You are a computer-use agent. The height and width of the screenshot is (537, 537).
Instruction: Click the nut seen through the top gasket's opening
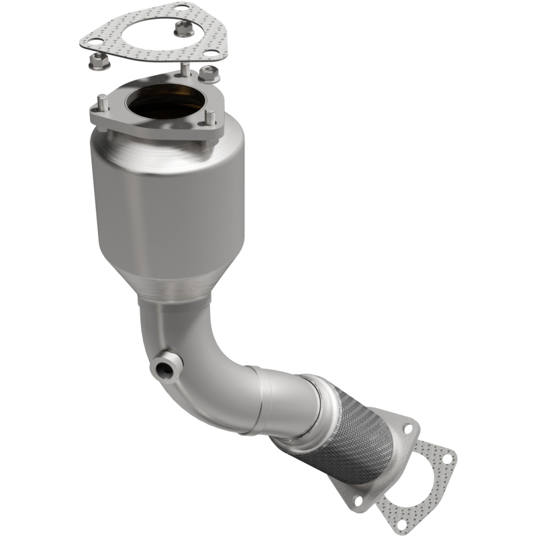(x=181, y=29)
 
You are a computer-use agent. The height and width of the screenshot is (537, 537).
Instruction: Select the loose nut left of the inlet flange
(x=98, y=62)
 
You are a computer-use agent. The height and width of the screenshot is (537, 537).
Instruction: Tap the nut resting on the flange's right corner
(x=208, y=73)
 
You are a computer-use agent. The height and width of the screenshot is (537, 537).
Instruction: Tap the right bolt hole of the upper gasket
(x=210, y=54)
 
